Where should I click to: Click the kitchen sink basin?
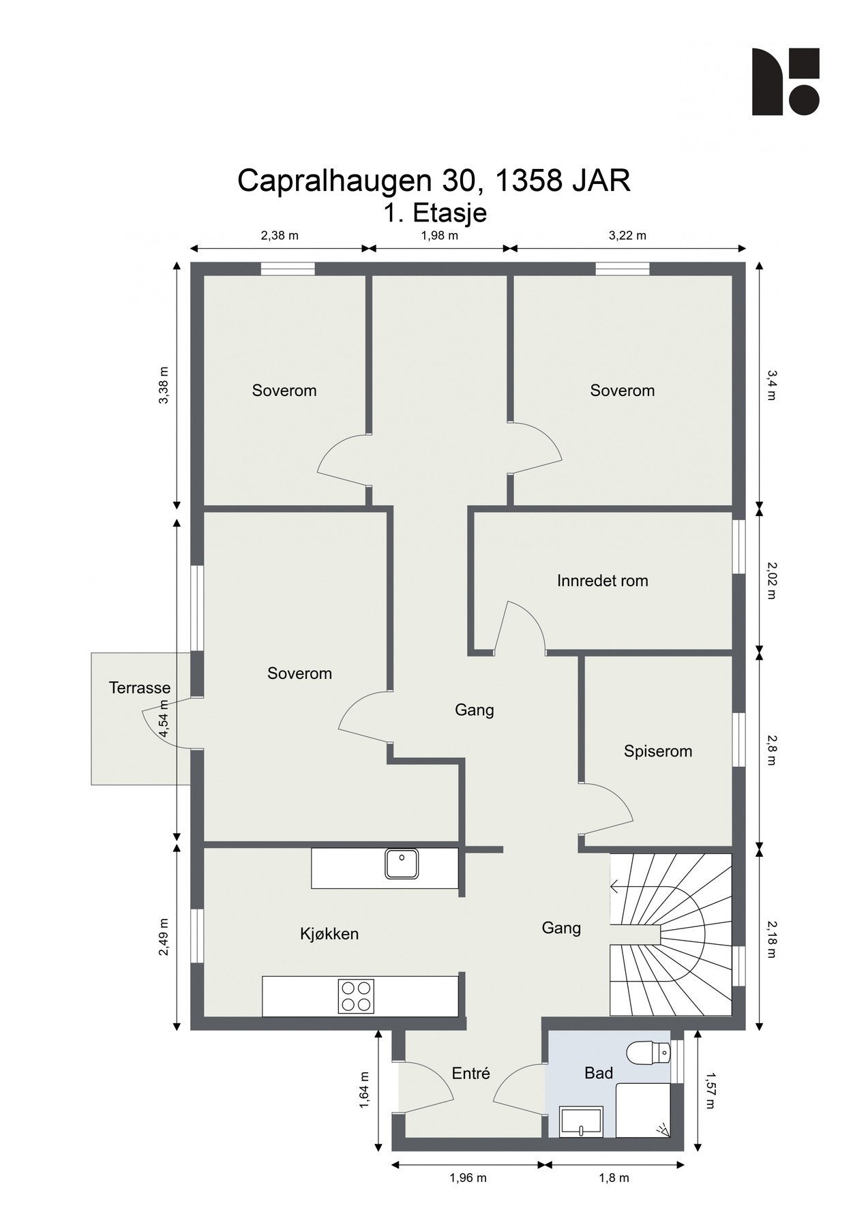tap(402, 863)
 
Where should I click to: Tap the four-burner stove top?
tap(356, 996)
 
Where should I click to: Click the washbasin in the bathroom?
tap(580, 1122)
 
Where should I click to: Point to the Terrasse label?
tap(140, 688)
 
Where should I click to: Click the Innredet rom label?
tap(602, 581)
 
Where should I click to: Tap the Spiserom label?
tap(657, 751)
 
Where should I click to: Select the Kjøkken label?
tap(329, 934)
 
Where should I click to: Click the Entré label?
tap(470, 1074)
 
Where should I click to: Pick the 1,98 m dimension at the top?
tap(439, 236)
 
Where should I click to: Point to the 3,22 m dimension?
tap(627, 236)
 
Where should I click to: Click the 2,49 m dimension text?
tap(164, 937)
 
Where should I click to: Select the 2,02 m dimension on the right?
tap(771, 580)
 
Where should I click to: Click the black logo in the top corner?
tap(785, 81)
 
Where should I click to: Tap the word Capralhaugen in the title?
tap(334, 181)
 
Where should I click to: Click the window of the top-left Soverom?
tap(288, 269)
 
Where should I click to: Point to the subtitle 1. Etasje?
tap(434, 213)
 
